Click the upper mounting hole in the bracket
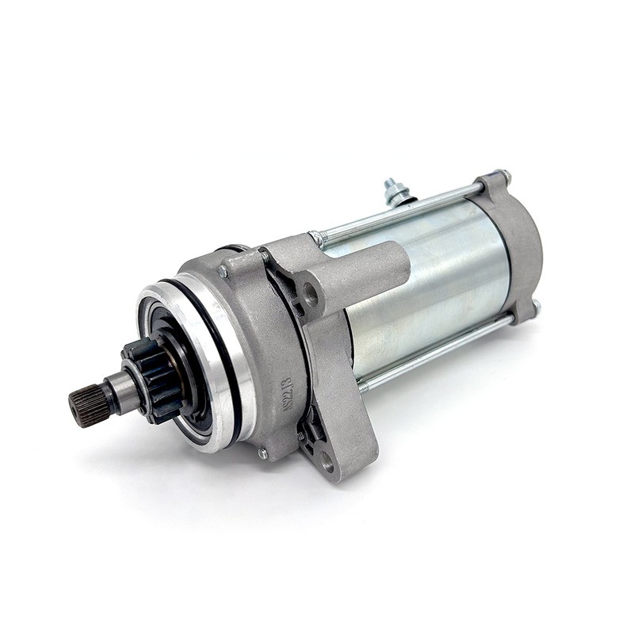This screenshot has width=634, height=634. pyautogui.click(x=311, y=297)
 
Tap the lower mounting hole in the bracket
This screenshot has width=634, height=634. pyautogui.click(x=327, y=462)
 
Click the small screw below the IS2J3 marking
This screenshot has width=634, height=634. pyautogui.click(x=262, y=453)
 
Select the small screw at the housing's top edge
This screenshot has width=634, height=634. pyautogui.click(x=223, y=272)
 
